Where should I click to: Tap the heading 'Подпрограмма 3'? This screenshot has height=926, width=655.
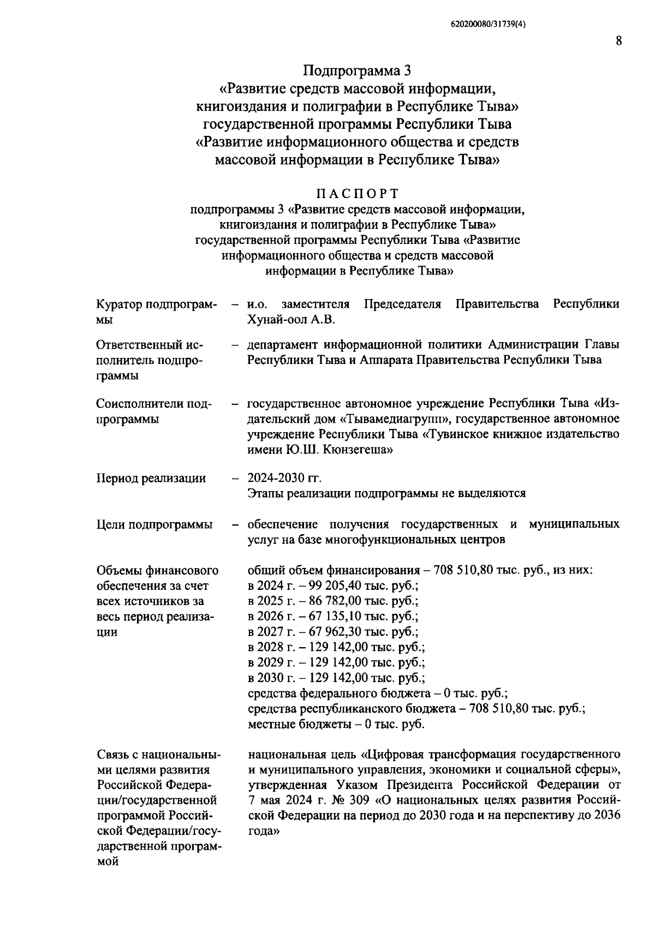(x=356, y=71)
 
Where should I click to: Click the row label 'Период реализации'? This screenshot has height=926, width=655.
(x=151, y=479)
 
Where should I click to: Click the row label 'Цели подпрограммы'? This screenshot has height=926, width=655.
(x=154, y=525)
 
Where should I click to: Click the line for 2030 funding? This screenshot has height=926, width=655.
(x=336, y=678)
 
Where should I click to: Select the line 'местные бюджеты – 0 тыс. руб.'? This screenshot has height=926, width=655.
(x=336, y=725)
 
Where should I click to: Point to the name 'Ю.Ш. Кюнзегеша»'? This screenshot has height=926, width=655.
(x=338, y=450)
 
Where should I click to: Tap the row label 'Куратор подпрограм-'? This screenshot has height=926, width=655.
(x=156, y=304)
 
